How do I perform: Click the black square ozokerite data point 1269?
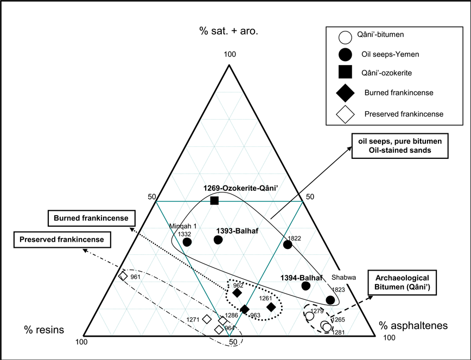pyautogui.click(x=214, y=201)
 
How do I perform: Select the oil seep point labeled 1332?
pyautogui.click(x=187, y=242)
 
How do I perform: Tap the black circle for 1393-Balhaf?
pyautogui.click(x=218, y=240)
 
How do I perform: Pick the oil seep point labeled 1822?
pyautogui.click(x=288, y=245)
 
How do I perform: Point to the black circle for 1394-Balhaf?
pyautogui.click(x=305, y=285)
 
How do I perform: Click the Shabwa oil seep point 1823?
pyautogui.click(x=330, y=299)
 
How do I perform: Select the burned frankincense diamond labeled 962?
pyautogui.click(x=237, y=293)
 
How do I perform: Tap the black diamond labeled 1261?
pyautogui.click(x=271, y=307)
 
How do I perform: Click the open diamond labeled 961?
pyautogui.click(x=123, y=276)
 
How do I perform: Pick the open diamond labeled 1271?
pyautogui.click(x=207, y=319)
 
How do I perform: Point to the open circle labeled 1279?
pyautogui.click(x=310, y=315)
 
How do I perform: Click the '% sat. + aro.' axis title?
pyautogui.click(x=228, y=30)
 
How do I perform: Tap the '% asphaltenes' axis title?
pyautogui.click(x=413, y=326)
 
